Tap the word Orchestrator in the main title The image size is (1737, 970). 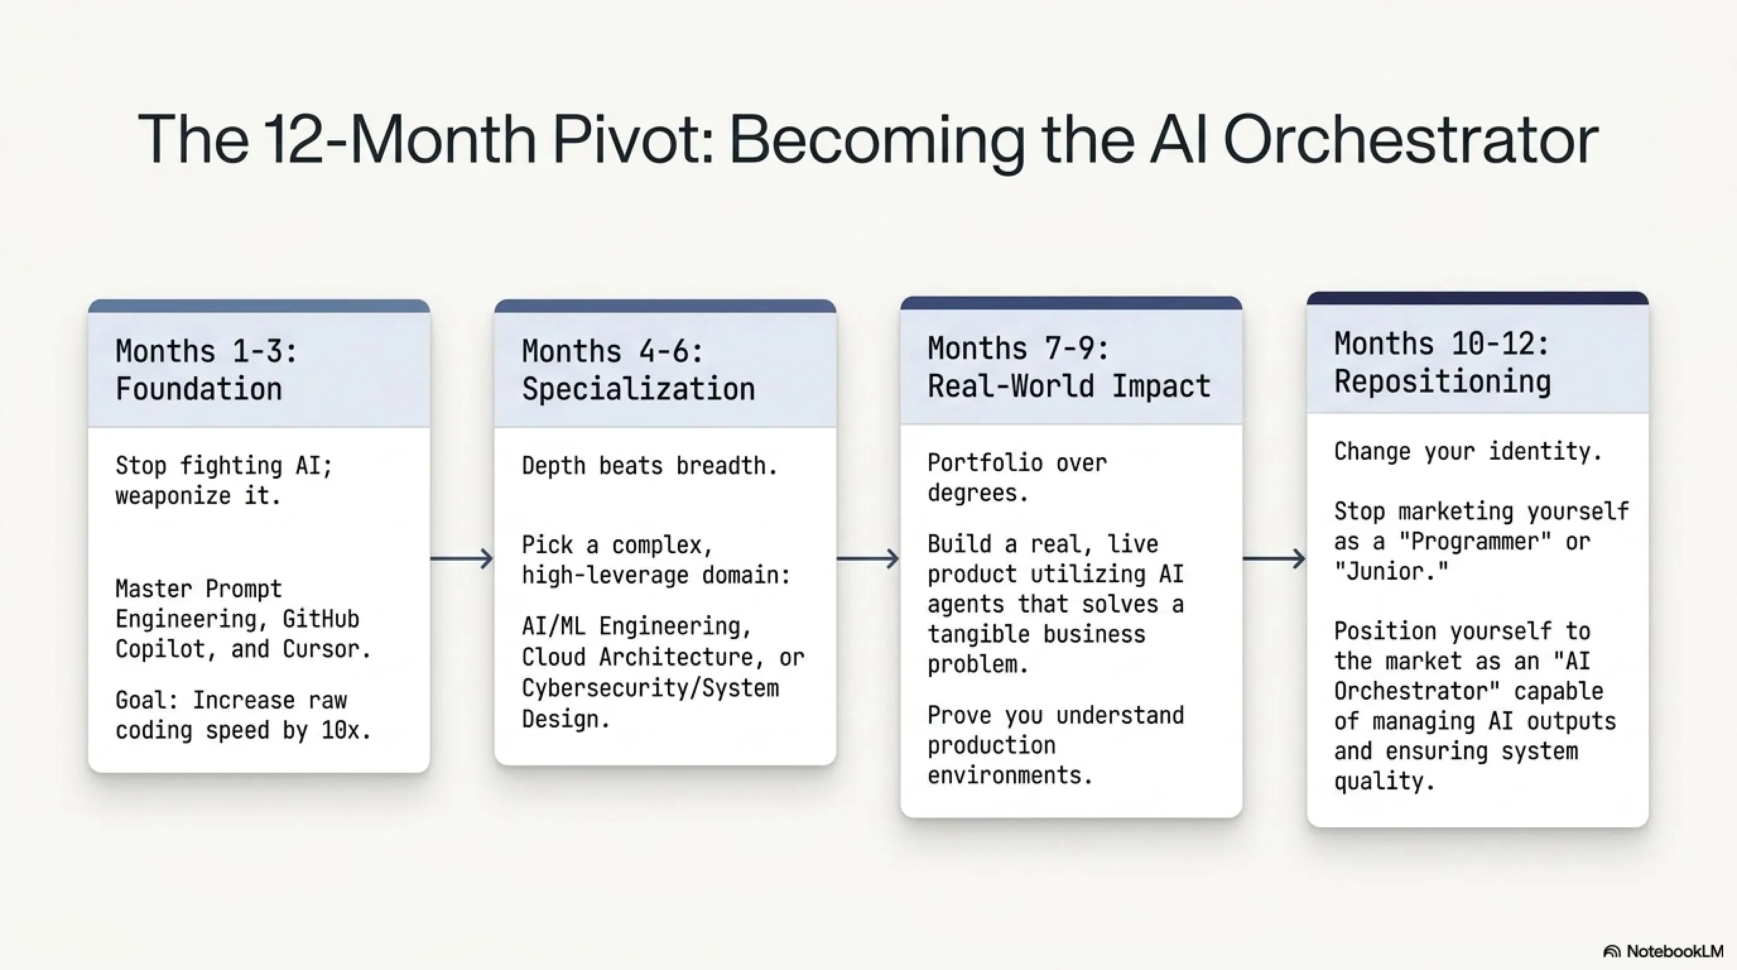pos(1411,140)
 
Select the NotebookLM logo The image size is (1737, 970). pos(1663,951)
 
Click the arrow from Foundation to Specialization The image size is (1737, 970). pos(462,558)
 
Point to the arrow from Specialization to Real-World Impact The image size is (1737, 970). pos(868,558)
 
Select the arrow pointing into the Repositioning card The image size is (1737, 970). pos(1274,558)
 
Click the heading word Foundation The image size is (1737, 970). pos(199,389)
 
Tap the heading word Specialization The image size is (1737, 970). pos(639,389)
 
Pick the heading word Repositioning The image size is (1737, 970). pos(1442,383)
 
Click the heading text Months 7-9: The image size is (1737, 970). pos(1018,349)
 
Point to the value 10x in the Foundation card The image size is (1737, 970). pos(345,731)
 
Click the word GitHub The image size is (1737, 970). pos(321,618)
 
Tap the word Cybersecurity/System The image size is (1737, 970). pos(651,689)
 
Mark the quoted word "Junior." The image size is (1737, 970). pos(1391,572)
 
